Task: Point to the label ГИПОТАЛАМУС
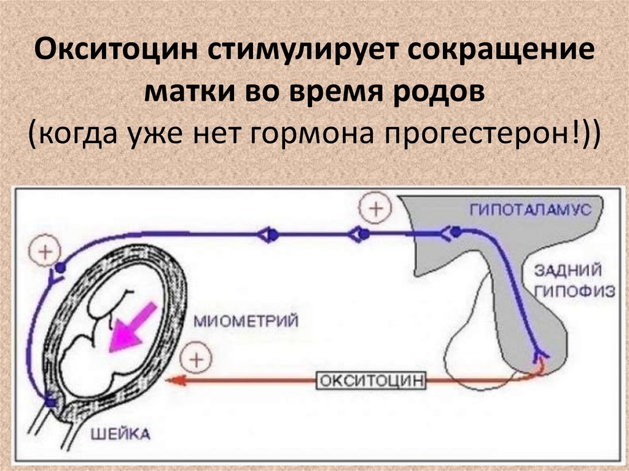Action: click(529, 209)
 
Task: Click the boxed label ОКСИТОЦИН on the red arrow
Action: click(371, 380)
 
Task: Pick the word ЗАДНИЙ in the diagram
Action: click(567, 271)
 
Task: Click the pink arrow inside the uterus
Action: click(130, 329)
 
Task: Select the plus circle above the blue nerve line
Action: click(374, 209)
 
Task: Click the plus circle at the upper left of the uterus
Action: click(43, 251)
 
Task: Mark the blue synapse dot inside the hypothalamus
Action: click(456, 232)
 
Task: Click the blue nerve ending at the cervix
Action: click(49, 401)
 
